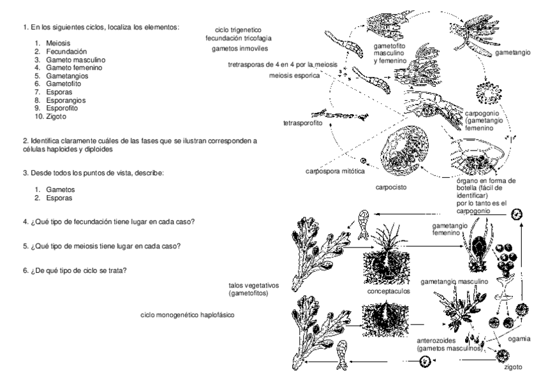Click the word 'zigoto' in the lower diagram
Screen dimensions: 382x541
[512, 368]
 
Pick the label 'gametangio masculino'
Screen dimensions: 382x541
[454, 281]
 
